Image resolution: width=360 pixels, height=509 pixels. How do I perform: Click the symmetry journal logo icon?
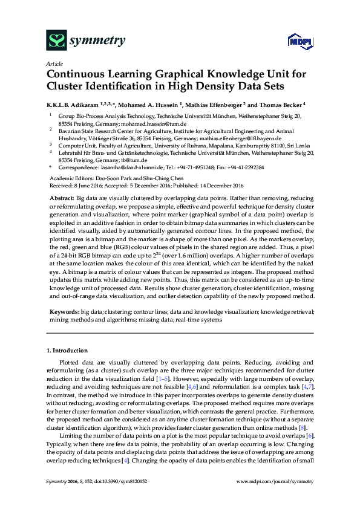click(57, 41)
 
